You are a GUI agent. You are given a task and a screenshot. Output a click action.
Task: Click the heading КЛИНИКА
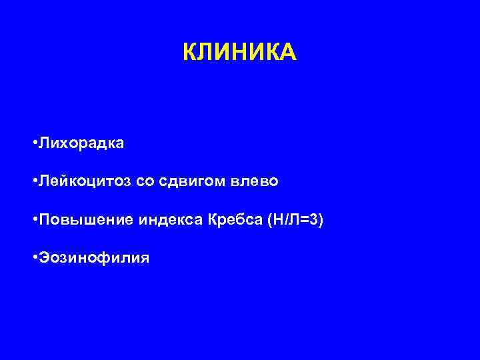click(239, 52)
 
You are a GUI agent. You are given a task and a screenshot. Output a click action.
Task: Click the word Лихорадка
click(81, 143)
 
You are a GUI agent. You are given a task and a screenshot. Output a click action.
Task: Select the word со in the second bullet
click(145, 181)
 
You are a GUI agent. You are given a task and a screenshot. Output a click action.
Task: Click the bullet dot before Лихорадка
click(34, 143)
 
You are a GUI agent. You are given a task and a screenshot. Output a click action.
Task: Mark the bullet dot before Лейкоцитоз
click(34, 181)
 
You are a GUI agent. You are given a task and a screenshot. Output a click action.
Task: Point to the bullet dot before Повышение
click(34, 219)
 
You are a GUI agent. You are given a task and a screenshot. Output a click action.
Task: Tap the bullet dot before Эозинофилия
click(34, 257)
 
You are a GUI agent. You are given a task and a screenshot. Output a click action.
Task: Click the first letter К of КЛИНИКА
click(189, 52)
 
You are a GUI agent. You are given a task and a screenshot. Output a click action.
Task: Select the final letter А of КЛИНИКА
click(288, 52)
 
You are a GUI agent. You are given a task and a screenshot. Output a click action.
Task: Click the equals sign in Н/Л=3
click(305, 220)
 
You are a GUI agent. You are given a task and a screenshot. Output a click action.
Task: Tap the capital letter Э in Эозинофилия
click(43, 257)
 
